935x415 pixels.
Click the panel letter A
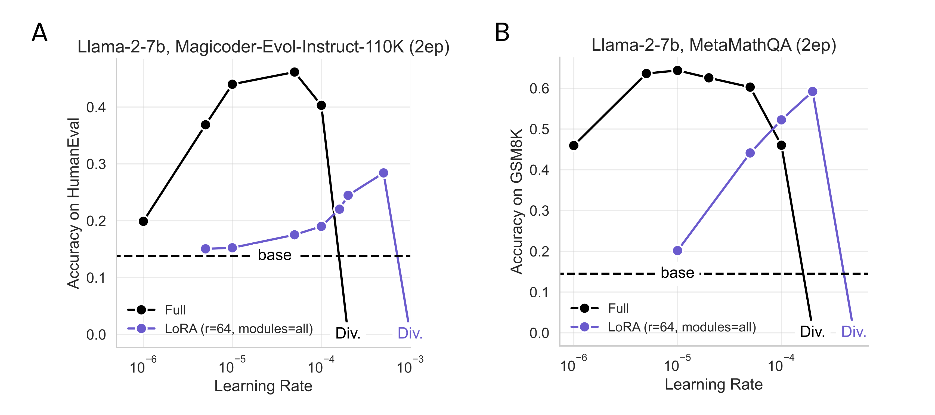point(39,32)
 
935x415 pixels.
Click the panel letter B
point(502,32)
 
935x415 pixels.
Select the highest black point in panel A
point(294,72)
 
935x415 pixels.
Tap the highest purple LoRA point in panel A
point(383,173)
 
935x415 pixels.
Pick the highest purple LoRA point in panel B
point(813,91)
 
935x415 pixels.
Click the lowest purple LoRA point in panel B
point(677,250)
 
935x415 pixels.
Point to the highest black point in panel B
point(677,71)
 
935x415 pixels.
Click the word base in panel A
point(274,255)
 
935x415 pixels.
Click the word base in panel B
point(677,273)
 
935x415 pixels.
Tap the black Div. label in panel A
point(348,333)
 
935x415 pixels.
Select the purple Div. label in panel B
point(853,332)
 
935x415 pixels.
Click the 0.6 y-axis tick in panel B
point(539,88)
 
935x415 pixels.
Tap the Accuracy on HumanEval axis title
point(73,203)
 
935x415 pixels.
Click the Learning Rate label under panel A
point(263,386)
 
